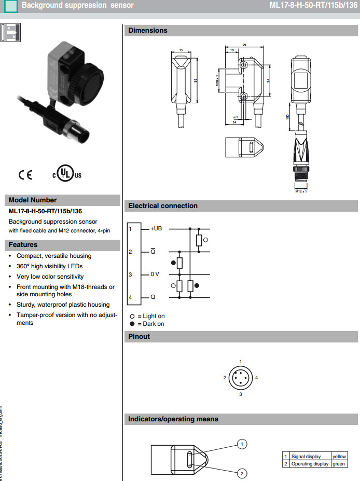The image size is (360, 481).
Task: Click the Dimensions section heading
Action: click(148, 31)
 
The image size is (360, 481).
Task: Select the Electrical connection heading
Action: click(163, 206)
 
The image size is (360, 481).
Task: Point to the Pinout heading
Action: click(139, 337)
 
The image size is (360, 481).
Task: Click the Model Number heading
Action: click(33, 200)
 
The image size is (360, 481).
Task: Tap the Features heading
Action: click(23, 245)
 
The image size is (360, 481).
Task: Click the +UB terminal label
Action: click(156, 228)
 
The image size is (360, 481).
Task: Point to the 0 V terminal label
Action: click(155, 274)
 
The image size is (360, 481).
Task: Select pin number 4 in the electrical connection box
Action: click(131, 297)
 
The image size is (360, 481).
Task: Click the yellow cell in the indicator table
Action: click(339, 456)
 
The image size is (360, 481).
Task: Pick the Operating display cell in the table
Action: click(310, 463)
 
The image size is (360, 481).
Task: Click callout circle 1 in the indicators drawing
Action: click(241, 444)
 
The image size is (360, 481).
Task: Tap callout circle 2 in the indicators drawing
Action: click(241, 473)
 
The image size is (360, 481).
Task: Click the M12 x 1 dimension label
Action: click(301, 192)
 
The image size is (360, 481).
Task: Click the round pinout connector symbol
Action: click(240, 378)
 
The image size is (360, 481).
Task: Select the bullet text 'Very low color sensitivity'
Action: click(50, 277)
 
